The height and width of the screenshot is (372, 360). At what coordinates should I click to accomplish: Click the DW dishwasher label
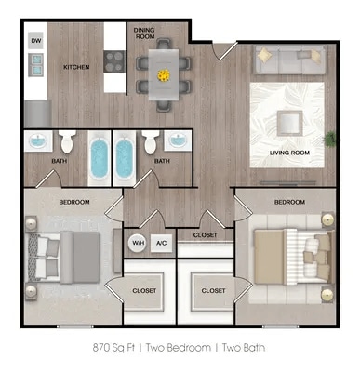point(36,41)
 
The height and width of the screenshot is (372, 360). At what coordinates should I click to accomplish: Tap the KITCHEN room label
point(76,68)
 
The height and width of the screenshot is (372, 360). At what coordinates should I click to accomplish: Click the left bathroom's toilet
point(67,142)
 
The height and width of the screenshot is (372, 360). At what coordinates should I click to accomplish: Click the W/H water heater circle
point(137,243)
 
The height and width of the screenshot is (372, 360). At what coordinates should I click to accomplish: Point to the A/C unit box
point(162,243)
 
